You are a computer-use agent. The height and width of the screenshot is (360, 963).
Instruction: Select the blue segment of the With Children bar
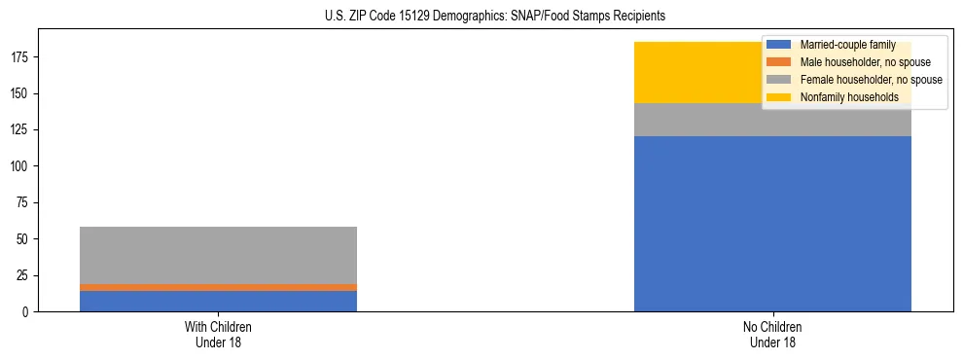(218, 301)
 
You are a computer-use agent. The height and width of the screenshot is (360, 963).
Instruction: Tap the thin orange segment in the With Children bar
(218, 287)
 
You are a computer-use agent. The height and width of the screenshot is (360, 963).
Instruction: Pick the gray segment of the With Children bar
(218, 255)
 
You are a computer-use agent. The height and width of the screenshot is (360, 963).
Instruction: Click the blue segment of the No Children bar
(772, 224)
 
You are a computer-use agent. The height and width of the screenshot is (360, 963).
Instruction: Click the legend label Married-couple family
(847, 45)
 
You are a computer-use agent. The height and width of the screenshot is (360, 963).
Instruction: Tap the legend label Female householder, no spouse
(871, 80)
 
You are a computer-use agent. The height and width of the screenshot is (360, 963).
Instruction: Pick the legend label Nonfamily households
(849, 97)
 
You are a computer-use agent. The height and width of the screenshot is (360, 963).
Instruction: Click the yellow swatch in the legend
(779, 97)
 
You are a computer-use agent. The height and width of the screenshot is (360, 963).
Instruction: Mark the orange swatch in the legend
(779, 62)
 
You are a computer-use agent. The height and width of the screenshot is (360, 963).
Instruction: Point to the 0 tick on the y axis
(28, 311)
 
